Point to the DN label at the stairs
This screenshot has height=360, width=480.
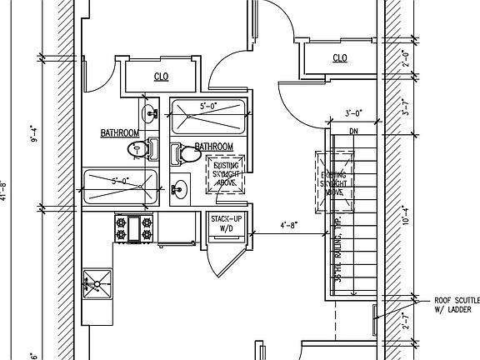tap(353, 130)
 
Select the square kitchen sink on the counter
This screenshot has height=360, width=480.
tap(97, 284)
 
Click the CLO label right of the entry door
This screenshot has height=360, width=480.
tap(339, 57)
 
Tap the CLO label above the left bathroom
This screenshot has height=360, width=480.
tap(162, 77)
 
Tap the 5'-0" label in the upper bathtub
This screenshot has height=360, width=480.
tap(208, 107)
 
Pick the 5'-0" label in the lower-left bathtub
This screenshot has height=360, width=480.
tap(121, 180)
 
